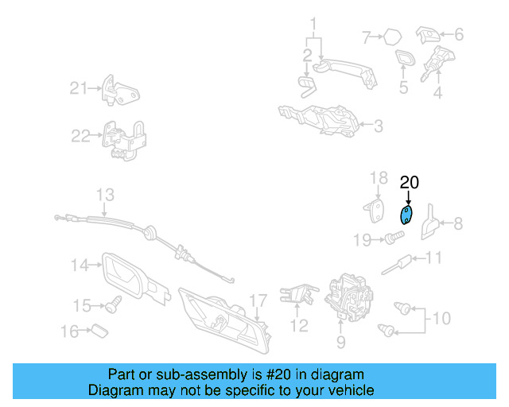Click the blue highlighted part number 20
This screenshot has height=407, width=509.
406,215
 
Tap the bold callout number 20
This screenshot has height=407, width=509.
410,182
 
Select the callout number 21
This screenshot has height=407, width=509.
79,88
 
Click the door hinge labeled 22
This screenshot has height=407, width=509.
124,141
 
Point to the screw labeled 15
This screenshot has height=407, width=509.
113,304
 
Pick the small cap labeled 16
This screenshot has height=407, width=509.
99,331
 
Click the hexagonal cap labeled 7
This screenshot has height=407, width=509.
392,37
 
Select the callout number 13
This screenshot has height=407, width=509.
105,195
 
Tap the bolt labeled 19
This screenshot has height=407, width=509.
394,238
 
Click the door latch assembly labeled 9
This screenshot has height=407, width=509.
348,297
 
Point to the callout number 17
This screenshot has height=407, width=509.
258,300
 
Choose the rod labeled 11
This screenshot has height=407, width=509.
396,265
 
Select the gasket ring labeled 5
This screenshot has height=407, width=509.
405,57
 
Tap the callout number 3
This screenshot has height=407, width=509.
379,126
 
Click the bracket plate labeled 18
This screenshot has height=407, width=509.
375,211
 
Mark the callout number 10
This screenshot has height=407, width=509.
441,318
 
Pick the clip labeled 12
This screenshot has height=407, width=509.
299,294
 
